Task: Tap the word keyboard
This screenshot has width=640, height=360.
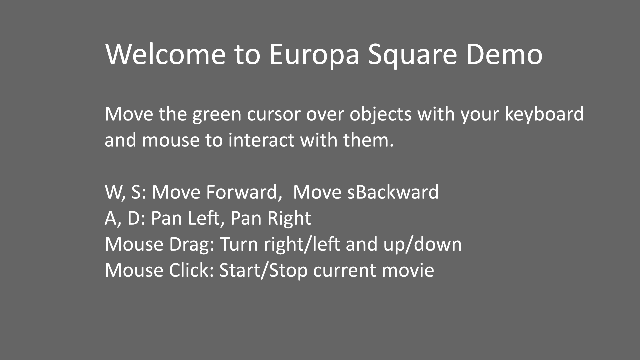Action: (544, 114)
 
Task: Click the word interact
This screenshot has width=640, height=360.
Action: (262, 140)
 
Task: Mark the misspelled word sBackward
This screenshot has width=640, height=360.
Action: (393, 192)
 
